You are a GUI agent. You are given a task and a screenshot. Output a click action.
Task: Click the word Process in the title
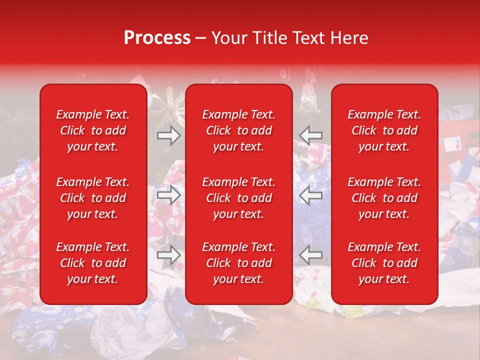coord(157,38)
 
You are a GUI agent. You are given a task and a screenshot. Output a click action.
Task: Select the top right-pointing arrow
coord(168,135)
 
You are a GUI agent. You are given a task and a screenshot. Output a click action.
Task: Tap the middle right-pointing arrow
coord(168,195)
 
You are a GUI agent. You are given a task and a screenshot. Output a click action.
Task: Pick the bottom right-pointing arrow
coord(168,255)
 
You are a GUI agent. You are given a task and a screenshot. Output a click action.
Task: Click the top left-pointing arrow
coord(310,135)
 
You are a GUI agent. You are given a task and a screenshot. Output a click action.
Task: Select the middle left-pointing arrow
coord(310,195)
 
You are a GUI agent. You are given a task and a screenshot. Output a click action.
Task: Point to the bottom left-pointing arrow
coord(310,255)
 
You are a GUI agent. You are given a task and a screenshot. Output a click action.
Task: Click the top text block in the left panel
coord(93,130)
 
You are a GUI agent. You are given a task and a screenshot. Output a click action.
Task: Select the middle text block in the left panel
coord(93,198)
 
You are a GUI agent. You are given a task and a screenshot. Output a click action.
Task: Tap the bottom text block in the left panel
coord(93,263)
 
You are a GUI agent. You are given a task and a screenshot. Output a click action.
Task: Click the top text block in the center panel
coord(238,130)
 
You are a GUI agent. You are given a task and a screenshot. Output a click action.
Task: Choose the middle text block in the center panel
coord(238,198)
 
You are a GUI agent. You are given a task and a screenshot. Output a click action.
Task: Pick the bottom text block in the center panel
coord(238,263)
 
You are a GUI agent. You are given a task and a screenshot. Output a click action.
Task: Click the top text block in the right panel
coord(384,130)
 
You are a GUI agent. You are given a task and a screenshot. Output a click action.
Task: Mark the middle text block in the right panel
coord(384,198)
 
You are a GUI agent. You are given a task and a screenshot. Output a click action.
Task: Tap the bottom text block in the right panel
coord(384,263)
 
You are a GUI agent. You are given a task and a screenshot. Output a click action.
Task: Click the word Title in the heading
coord(268,38)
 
